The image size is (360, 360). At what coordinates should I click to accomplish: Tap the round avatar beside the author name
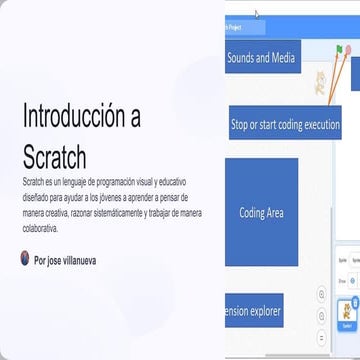tap(25, 258)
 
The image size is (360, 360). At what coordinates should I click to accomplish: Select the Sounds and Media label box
tap(260, 59)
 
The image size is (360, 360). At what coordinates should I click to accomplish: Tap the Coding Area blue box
tap(261, 212)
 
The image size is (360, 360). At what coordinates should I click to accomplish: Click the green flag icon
tap(341, 48)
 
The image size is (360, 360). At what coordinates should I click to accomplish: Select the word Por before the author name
tap(40, 259)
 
